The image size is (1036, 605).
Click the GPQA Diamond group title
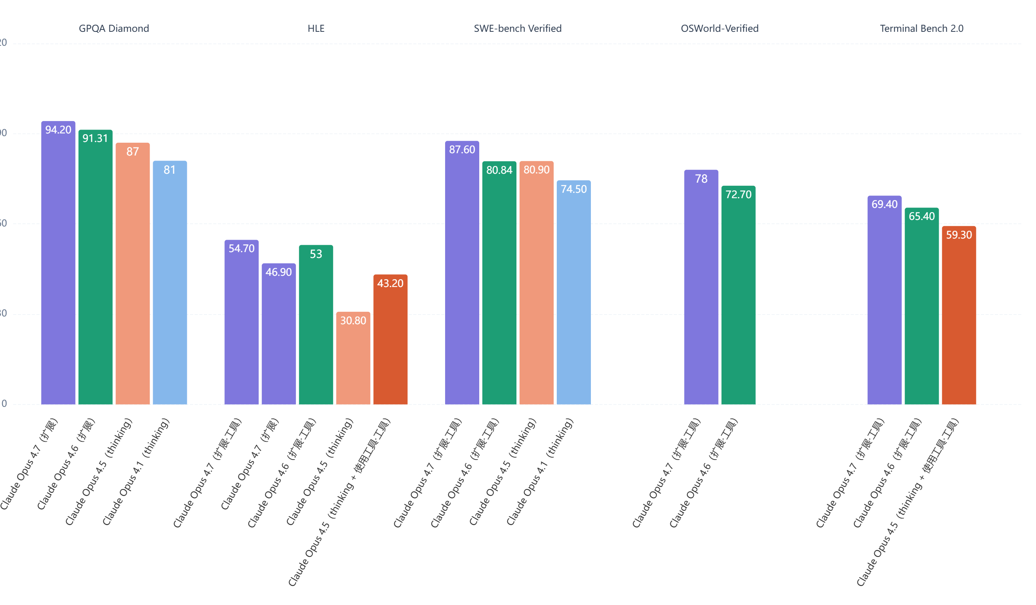pyautogui.click(x=114, y=28)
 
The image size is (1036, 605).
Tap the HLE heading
pyautogui.click(x=316, y=28)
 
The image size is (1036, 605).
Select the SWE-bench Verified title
pyautogui.click(x=518, y=28)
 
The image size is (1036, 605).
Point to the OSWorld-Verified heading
pyautogui.click(x=720, y=28)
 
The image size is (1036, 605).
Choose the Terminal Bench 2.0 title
pyautogui.click(x=921, y=28)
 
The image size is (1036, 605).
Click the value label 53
pyautogui.click(x=316, y=254)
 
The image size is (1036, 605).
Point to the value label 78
pyautogui.click(x=701, y=179)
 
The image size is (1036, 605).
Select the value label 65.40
pyautogui.click(x=921, y=216)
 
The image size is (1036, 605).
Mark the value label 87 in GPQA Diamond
pyautogui.click(x=132, y=152)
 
